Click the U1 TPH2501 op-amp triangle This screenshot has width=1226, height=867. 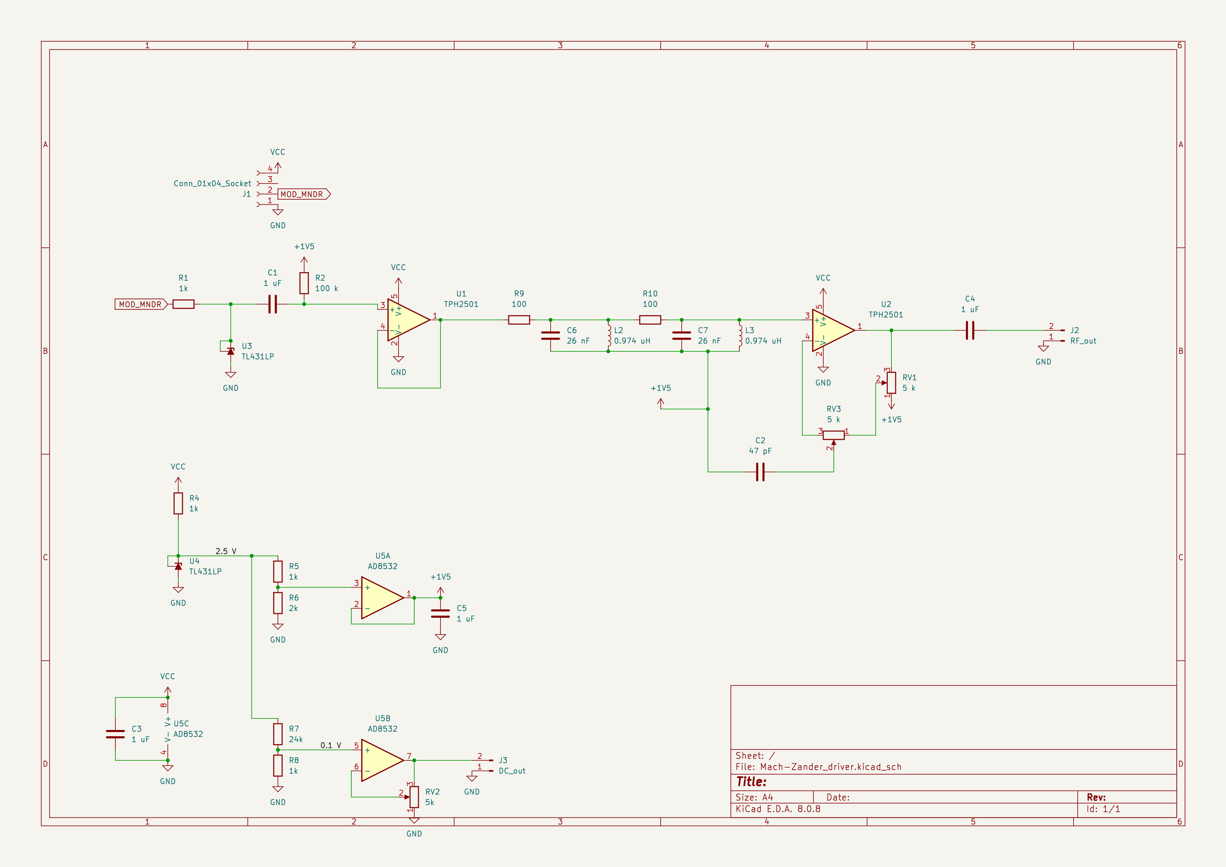(407, 320)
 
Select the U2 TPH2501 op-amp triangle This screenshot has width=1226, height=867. (831, 330)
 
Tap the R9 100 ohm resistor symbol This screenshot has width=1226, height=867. (518, 320)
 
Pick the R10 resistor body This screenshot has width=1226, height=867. (650, 320)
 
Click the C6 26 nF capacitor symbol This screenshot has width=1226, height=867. (551, 335)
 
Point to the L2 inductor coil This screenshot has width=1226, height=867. (609, 335)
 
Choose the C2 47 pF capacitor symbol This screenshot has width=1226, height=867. (760, 472)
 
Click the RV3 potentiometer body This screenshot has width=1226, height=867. (833, 435)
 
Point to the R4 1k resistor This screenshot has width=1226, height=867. (178, 503)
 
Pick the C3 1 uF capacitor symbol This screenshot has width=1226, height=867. (115, 734)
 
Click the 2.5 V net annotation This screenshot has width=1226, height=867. (226, 551)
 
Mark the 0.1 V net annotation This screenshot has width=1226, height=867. (330, 745)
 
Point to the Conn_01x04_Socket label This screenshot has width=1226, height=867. (212, 184)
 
